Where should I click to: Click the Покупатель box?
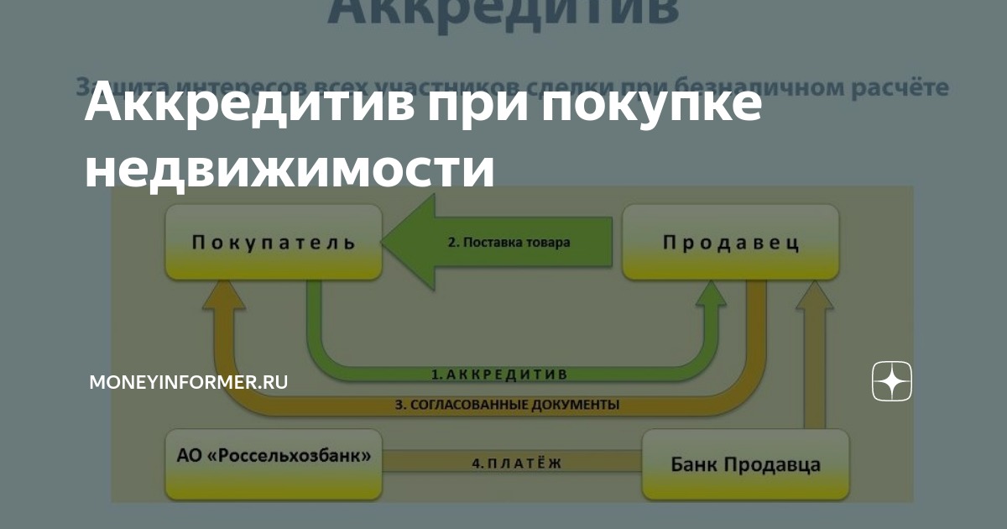[274, 243]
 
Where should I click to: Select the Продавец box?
[730, 243]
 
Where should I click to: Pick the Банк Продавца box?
[745, 464]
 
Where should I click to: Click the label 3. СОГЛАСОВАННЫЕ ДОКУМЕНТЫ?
[507, 405]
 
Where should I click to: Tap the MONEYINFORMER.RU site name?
[189, 382]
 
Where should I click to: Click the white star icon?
[891, 382]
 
